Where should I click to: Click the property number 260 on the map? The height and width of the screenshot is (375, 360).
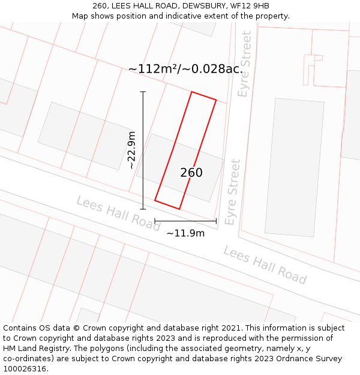(191, 173)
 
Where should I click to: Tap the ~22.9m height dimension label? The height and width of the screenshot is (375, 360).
(131, 150)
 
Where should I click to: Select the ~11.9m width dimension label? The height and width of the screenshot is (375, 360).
(185, 233)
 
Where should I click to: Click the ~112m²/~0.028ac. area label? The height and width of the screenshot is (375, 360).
(185, 69)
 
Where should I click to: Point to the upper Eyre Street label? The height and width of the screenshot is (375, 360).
(244, 64)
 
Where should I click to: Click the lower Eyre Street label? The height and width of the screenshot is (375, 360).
(232, 192)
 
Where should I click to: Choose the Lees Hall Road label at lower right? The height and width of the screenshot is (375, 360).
(265, 265)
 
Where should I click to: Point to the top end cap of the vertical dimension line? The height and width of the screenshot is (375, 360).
(143, 92)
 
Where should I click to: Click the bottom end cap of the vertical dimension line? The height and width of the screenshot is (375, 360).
(143, 209)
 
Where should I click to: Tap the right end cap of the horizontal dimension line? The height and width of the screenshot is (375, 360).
(216, 221)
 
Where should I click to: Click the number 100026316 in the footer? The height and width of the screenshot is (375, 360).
(24, 368)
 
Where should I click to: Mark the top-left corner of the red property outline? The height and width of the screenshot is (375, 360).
(191, 92)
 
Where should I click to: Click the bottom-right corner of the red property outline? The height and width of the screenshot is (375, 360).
(179, 209)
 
